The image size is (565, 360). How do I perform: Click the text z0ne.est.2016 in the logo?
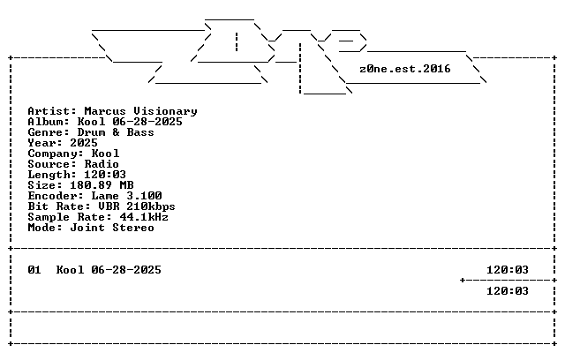[x=405, y=69]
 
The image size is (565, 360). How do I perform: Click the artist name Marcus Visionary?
[x=141, y=111]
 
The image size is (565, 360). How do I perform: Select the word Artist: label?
[x=52, y=111]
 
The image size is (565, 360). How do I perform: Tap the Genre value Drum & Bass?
[x=116, y=132]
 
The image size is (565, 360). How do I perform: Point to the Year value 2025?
[x=84, y=143]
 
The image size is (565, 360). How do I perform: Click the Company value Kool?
[x=105, y=154]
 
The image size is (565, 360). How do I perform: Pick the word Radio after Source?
[x=102, y=164]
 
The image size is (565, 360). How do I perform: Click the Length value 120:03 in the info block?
[x=105, y=175]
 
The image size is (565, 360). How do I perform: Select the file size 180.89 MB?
[x=102, y=185]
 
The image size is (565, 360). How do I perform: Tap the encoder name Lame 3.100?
[x=126, y=196]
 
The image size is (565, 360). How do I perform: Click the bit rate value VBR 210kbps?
[x=137, y=206]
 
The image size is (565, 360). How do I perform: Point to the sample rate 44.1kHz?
[x=144, y=217]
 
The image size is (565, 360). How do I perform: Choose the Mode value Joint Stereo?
[x=112, y=228]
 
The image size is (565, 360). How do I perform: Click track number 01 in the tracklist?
[x=34, y=270]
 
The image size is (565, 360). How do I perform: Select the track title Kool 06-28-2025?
[x=109, y=270]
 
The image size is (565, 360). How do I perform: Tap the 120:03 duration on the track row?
[x=508, y=270]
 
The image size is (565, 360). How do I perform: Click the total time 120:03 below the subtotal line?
[x=508, y=291]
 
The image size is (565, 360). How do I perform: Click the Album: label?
[x=49, y=122]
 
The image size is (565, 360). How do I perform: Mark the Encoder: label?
[x=56, y=196]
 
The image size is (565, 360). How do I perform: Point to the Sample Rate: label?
[x=70, y=217]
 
